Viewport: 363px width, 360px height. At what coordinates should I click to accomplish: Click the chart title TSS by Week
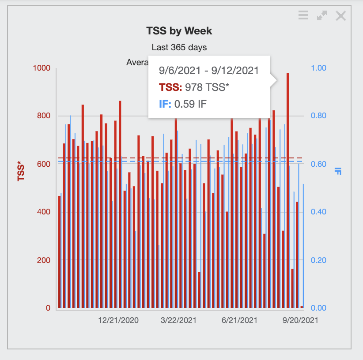click(179, 31)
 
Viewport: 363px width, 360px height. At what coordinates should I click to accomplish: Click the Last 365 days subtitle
click(179, 47)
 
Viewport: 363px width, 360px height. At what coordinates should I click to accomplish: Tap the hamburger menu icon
click(303, 16)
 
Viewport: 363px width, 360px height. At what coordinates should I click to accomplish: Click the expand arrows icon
click(322, 16)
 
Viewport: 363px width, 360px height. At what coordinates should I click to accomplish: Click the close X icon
click(340, 16)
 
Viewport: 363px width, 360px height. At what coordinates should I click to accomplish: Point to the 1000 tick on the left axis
click(42, 68)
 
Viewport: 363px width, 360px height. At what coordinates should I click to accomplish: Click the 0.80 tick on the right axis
click(318, 116)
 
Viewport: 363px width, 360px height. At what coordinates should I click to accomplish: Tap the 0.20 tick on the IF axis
click(318, 260)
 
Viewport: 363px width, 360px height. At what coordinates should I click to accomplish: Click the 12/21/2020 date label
click(118, 320)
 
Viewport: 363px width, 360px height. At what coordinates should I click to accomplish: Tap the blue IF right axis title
click(338, 171)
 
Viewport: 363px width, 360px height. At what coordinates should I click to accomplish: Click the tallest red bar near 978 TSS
click(287, 190)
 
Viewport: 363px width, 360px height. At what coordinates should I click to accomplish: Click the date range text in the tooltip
click(208, 71)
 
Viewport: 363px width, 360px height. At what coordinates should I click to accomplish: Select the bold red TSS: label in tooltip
click(170, 87)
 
